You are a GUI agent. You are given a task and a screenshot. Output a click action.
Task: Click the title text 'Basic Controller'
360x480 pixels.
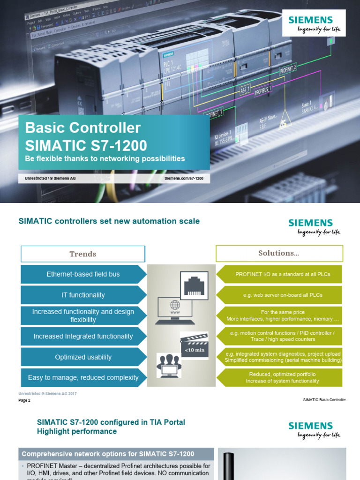click(x=82, y=127)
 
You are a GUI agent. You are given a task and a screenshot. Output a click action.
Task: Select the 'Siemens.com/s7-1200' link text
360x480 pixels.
click(x=184, y=179)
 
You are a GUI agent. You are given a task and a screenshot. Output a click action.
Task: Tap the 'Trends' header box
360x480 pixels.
click(x=83, y=254)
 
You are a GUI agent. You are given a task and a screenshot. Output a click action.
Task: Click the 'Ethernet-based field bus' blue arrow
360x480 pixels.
click(x=83, y=274)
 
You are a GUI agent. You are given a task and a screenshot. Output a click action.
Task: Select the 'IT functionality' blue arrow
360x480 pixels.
click(x=83, y=295)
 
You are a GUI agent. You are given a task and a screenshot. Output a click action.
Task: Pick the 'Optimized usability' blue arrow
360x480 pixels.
click(x=83, y=357)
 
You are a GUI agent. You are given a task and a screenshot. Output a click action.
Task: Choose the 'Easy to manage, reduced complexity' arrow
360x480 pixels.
click(x=83, y=377)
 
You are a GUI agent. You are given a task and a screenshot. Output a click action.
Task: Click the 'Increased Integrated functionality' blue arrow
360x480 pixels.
click(x=83, y=336)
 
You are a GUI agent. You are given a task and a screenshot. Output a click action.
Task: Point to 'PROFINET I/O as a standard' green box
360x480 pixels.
click(x=279, y=274)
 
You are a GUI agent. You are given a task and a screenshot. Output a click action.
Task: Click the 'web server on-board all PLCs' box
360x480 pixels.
click(x=279, y=295)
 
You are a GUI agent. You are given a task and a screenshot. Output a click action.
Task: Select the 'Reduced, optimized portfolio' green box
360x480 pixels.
click(x=279, y=377)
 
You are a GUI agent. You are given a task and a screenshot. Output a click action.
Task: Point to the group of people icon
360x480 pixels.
click(x=169, y=366)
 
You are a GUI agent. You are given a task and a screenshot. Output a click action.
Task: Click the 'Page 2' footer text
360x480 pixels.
click(x=24, y=400)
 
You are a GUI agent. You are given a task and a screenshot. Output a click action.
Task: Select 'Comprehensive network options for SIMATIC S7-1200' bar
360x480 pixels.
click(x=108, y=454)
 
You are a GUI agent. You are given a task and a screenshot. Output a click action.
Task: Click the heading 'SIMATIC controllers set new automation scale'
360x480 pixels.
click(x=109, y=221)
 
